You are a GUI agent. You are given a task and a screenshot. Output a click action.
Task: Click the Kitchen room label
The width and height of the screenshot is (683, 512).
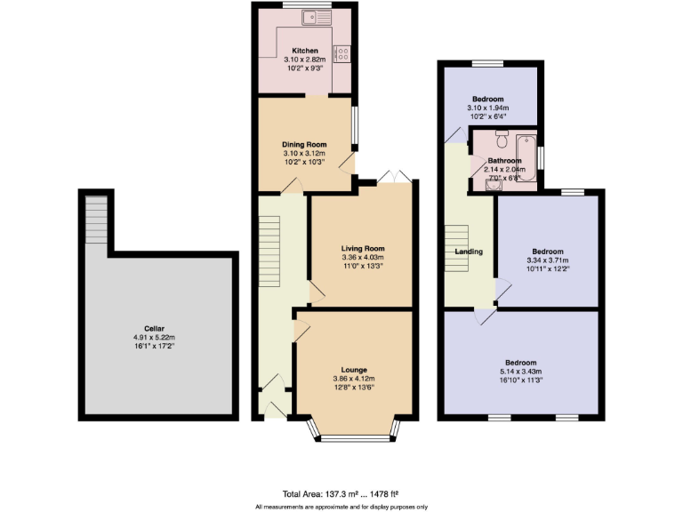[x=305, y=51]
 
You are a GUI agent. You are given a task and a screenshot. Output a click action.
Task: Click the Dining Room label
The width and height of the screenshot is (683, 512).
[x=305, y=145]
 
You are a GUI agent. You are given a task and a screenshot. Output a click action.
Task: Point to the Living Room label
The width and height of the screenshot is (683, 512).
[x=363, y=248]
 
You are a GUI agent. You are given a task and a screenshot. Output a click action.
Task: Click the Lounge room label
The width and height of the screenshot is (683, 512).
[x=354, y=369]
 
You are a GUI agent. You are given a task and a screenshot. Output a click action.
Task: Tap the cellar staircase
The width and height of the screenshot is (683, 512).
[x=95, y=219]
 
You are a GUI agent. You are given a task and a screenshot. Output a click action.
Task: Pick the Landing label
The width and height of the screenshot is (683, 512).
[x=469, y=252]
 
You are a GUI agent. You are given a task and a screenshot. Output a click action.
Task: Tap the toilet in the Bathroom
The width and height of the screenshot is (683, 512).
[x=502, y=139]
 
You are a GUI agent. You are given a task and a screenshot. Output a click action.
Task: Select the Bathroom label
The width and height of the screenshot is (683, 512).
[x=504, y=161]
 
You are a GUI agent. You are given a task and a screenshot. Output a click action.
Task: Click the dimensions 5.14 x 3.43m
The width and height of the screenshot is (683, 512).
[x=521, y=372]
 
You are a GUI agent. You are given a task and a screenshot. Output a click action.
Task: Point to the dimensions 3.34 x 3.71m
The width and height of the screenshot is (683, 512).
[x=547, y=260]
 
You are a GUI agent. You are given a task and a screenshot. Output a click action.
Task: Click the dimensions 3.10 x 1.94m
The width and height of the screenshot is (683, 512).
[x=487, y=108]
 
